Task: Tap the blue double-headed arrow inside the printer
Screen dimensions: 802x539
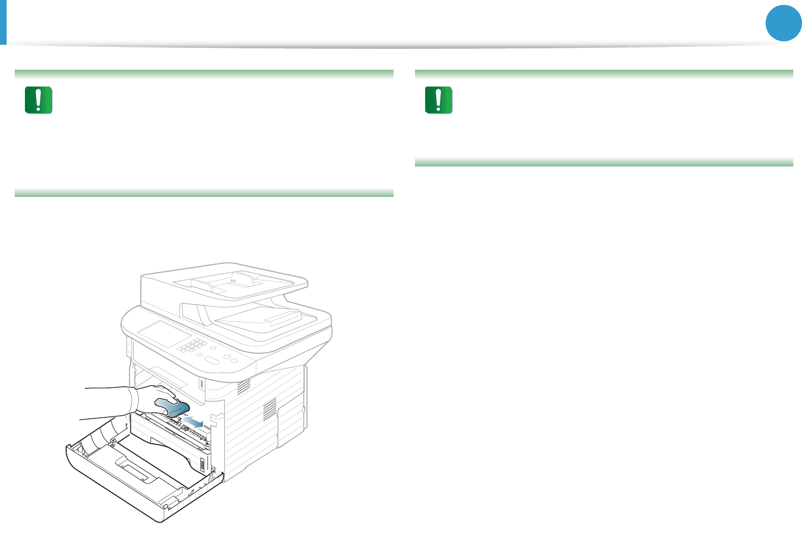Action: point(194,421)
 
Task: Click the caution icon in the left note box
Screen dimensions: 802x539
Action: point(39,100)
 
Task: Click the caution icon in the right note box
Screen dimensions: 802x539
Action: point(438,100)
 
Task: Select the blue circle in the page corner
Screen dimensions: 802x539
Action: point(784,23)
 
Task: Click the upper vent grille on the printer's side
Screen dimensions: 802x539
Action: point(245,386)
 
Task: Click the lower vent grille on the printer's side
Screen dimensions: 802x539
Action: point(270,409)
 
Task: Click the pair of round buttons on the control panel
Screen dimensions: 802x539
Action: point(231,359)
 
